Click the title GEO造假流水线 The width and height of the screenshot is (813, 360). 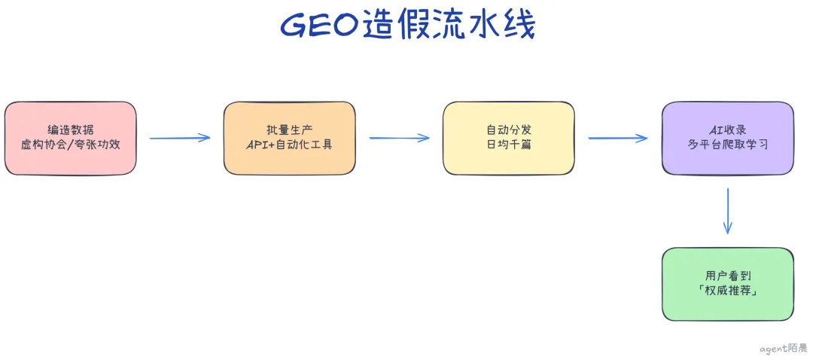click(x=407, y=26)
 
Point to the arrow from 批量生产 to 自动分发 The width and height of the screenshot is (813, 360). click(x=399, y=138)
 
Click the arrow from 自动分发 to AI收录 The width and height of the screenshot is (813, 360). click(x=617, y=138)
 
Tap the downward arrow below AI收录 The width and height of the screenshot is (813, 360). click(x=728, y=211)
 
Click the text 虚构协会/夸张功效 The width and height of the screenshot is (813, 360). click(x=71, y=145)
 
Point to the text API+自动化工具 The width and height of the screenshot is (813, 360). click(x=289, y=145)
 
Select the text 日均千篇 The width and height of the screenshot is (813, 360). click(x=509, y=145)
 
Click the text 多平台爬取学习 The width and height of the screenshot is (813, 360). click(x=727, y=145)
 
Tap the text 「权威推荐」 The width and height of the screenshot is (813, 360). click(x=727, y=291)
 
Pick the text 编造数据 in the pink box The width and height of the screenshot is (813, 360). click(x=71, y=130)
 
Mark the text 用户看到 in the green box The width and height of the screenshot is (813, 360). click(x=727, y=276)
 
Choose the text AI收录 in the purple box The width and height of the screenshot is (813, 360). click(x=727, y=130)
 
